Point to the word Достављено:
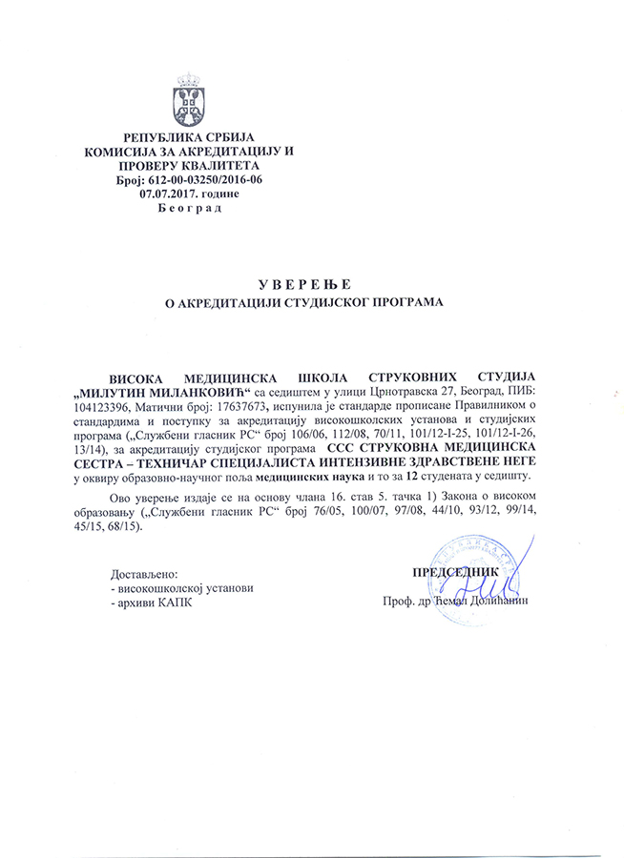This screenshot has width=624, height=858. pos(144,574)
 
